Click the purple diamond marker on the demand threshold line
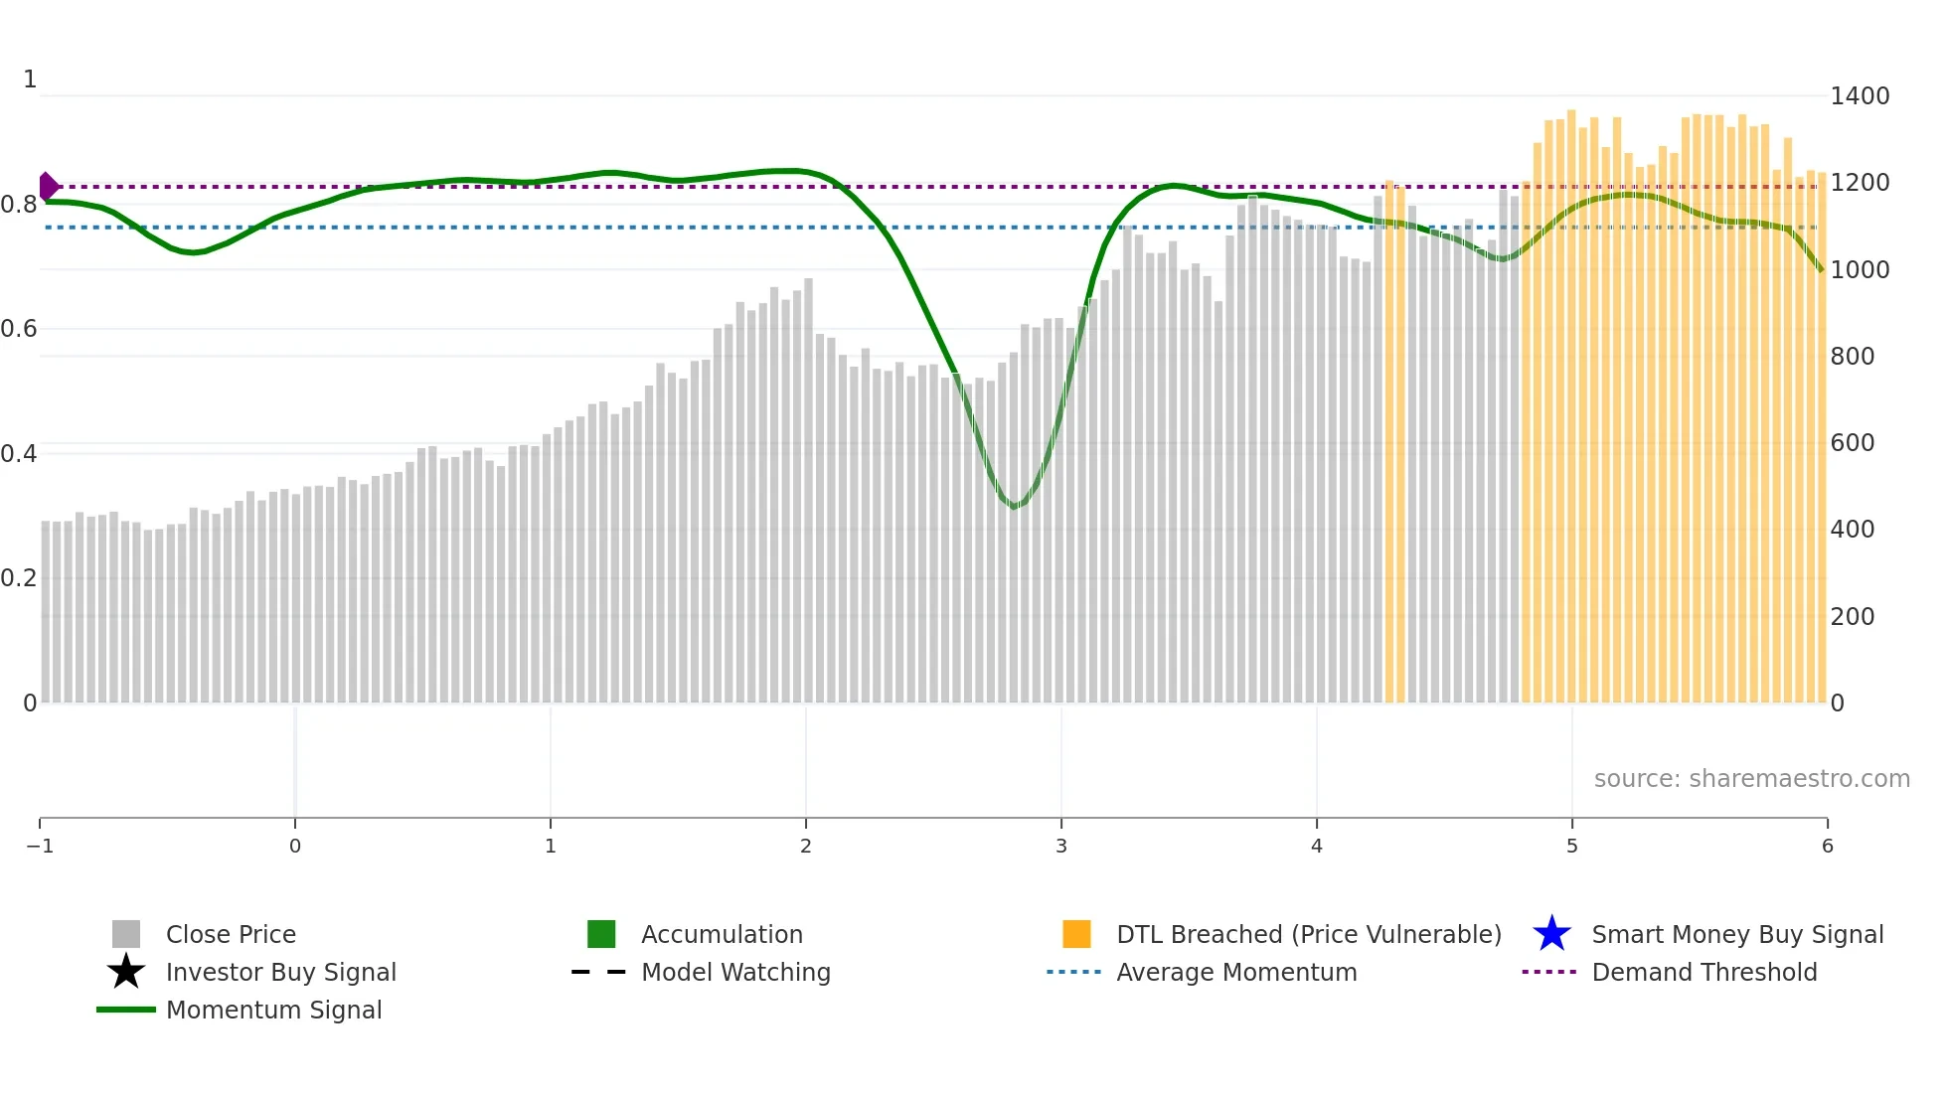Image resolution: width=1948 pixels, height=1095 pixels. [x=48, y=186]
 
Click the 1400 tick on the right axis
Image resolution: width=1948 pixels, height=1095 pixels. [x=1859, y=96]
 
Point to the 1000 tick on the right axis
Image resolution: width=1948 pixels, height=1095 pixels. [x=1859, y=270]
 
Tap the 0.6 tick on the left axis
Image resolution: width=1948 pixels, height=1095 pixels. [x=19, y=329]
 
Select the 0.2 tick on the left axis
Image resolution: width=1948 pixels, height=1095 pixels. [x=19, y=578]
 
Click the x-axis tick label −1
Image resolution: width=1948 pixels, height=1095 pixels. [x=40, y=847]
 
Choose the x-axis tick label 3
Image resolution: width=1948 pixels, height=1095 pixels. [x=1061, y=847]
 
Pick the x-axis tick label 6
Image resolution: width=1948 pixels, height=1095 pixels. [x=1827, y=847]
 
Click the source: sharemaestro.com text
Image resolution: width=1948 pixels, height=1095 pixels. [x=1751, y=779]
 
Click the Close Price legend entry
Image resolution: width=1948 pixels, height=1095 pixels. [x=231, y=935]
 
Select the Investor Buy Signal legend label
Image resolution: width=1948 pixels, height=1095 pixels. [x=280, y=973]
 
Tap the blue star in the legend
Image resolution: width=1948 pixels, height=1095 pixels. [x=1551, y=934]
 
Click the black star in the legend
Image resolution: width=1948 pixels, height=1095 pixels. [x=126, y=972]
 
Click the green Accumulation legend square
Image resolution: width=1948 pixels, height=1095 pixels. [x=601, y=934]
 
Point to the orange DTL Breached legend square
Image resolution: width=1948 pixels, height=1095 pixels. [x=1076, y=934]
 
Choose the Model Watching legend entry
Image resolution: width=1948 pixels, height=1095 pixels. [x=735, y=973]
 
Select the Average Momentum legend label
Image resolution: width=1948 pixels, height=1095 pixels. [x=1236, y=973]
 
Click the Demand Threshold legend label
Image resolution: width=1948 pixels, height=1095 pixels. [x=1704, y=973]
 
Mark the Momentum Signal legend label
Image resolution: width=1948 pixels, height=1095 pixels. [x=273, y=1011]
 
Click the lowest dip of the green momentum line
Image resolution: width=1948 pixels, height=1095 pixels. [x=1014, y=508]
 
